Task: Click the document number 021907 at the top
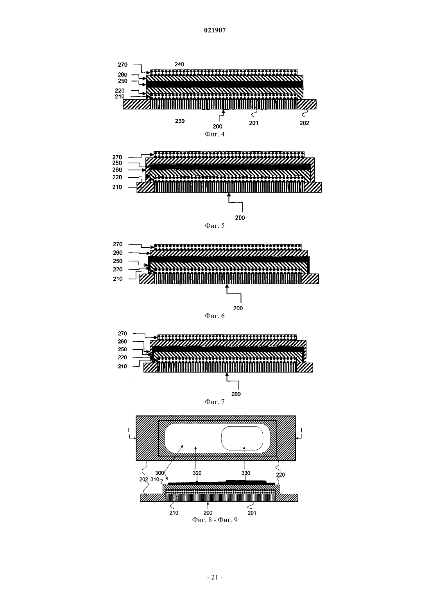click(x=215, y=30)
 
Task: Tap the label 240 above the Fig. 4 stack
click(x=179, y=64)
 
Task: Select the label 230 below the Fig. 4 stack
click(x=180, y=121)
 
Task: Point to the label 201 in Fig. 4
click(x=254, y=123)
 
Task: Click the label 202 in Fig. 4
click(x=304, y=123)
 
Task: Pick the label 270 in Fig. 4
click(x=122, y=64)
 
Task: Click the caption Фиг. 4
click(x=215, y=134)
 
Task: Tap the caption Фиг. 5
click(x=215, y=225)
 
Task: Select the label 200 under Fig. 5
click(x=240, y=218)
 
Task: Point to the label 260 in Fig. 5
click(x=117, y=170)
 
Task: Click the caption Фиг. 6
click(x=215, y=316)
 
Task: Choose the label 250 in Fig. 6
click(x=118, y=261)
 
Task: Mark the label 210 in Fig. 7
click(x=122, y=366)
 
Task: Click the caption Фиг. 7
click(x=215, y=402)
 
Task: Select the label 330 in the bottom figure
click(x=245, y=473)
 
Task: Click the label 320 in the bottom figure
click(x=197, y=473)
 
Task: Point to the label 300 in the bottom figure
click(x=159, y=473)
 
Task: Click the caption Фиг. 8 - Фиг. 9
click(x=215, y=520)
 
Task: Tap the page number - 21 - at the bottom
click(x=215, y=578)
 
